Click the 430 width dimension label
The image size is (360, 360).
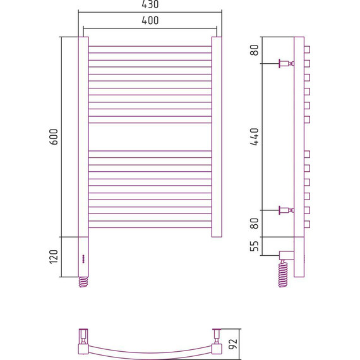(x=150, y=4)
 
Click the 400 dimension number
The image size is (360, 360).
(x=150, y=20)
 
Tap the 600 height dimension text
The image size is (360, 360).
(x=54, y=137)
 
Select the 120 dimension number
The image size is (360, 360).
(x=54, y=256)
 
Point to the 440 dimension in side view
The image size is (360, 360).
(x=255, y=137)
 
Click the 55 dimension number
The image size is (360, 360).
(x=255, y=246)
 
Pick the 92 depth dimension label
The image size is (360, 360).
(x=233, y=344)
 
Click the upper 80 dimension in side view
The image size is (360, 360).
(x=255, y=50)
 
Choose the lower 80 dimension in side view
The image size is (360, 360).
(x=255, y=224)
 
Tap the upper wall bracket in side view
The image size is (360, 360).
(x=286, y=63)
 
